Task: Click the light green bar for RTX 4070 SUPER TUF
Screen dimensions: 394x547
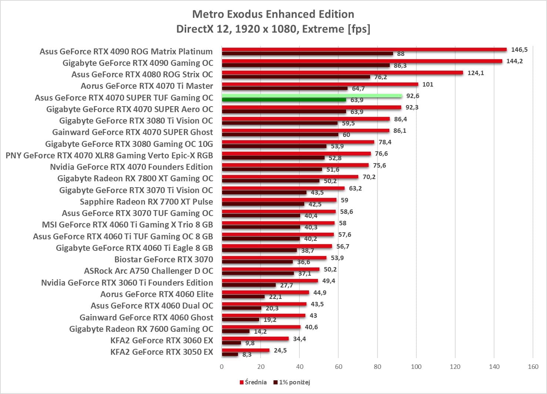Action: (x=312, y=96)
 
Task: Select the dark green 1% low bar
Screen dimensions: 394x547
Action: (x=284, y=100)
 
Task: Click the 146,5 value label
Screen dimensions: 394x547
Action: (x=519, y=50)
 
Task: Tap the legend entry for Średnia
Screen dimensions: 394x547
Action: (x=253, y=382)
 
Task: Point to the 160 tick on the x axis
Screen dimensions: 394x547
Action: (x=533, y=367)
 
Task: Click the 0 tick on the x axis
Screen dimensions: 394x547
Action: (x=222, y=367)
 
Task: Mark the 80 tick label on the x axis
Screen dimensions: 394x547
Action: (x=377, y=367)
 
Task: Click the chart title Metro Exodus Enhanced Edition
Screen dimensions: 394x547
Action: (x=273, y=14)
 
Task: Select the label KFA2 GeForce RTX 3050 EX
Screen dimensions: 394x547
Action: (x=162, y=352)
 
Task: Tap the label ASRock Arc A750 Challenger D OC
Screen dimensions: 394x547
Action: (x=148, y=271)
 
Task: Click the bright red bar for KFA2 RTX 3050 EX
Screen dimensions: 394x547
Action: (x=245, y=350)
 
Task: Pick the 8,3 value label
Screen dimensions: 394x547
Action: (x=247, y=354)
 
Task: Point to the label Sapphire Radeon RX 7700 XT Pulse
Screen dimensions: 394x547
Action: (x=146, y=202)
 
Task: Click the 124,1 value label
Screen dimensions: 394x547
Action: (x=476, y=73)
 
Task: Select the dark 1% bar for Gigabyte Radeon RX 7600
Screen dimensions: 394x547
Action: (x=235, y=331)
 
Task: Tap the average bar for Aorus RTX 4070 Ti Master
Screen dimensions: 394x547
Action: (x=320, y=84)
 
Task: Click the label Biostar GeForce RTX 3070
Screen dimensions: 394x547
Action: (x=164, y=259)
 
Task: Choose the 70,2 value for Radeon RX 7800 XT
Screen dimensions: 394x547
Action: (x=369, y=177)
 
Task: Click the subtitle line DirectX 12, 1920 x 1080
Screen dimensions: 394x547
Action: (x=273, y=29)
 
